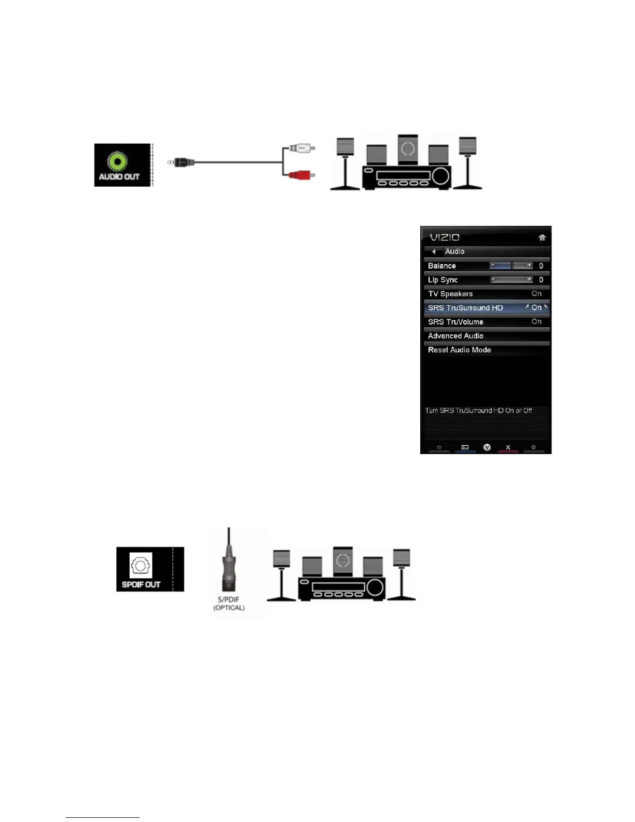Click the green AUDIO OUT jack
117,161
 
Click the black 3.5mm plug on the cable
183,162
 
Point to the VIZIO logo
445,237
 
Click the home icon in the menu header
542,238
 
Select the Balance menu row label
442,266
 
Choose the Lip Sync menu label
443,280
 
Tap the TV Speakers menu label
450,294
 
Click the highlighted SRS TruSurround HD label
465,308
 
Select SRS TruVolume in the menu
455,322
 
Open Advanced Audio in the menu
455,336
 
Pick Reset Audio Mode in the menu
459,350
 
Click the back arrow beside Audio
434,252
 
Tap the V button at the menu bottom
487,447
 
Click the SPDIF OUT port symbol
140,565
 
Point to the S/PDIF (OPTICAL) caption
229,604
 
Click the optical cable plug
229,571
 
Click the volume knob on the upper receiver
440,176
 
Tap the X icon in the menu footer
508,447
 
